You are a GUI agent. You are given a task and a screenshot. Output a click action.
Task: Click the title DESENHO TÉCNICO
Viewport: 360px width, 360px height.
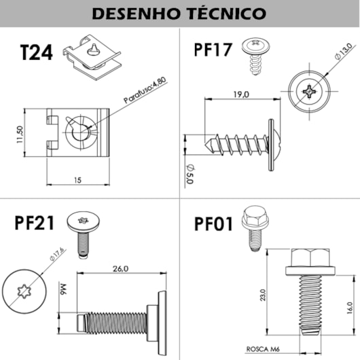coord(179,13)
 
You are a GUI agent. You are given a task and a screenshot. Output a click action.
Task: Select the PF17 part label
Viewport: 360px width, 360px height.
coord(213,50)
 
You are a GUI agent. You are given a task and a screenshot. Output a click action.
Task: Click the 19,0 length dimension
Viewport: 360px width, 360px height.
coord(240,94)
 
